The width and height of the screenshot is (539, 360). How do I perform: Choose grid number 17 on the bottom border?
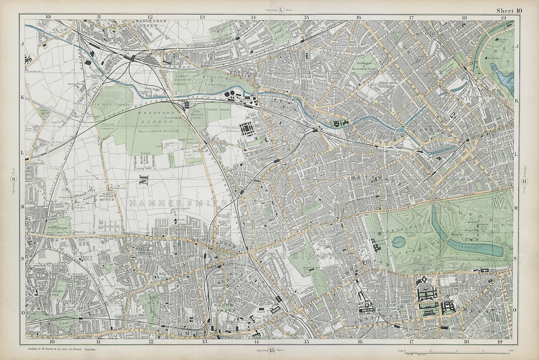411,341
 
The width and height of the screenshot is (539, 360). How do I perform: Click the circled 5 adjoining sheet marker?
280,10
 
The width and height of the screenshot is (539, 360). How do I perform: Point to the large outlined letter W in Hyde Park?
499,204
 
